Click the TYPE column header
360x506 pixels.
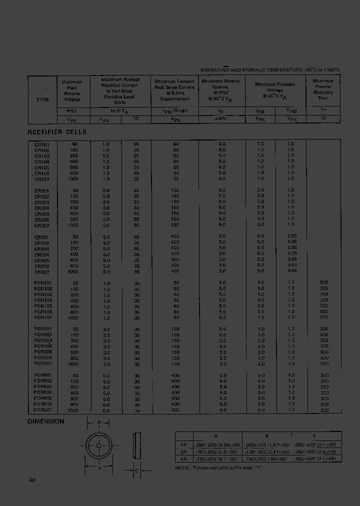pos(42,99)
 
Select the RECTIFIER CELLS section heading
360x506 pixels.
pos(56,132)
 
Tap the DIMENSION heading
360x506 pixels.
pos(46,421)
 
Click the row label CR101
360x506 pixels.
pos(42,144)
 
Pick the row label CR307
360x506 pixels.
pos(42,225)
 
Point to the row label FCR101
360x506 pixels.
pos(43,283)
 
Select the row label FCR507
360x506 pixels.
pos(43,410)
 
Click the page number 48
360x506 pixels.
pos(32,480)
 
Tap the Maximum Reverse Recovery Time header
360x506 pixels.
pos(323,89)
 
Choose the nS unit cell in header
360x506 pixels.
pos(323,119)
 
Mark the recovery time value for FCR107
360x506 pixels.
pos(323,317)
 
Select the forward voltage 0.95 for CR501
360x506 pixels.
pos(292,236)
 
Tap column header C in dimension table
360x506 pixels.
pos(313,435)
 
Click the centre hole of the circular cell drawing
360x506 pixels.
pos(99,445)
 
